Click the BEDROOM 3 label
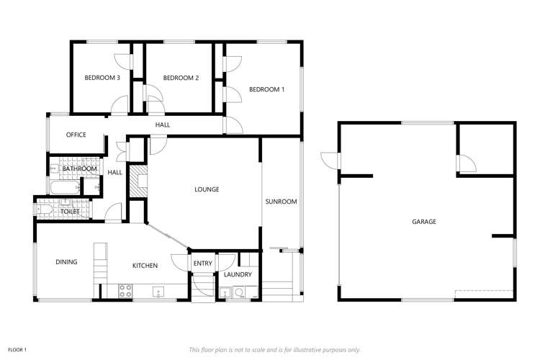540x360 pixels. (102, 78)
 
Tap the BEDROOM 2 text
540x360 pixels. (180, 78)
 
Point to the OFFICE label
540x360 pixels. (76, 135)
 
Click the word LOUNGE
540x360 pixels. (207, 189)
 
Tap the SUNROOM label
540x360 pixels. (281, 202)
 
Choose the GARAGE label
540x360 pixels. (424, 222)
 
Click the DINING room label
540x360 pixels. (66, 262)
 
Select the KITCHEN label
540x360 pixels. (145, 266)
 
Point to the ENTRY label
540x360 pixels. (203, 264)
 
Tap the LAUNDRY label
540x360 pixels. (237, 274)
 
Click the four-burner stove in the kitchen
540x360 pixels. (125, 292)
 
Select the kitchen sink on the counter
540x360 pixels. (159, 292)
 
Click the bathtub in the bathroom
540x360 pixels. (65, 188)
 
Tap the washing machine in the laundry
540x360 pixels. (238, 293)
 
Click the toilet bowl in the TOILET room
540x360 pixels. (45, 212)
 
